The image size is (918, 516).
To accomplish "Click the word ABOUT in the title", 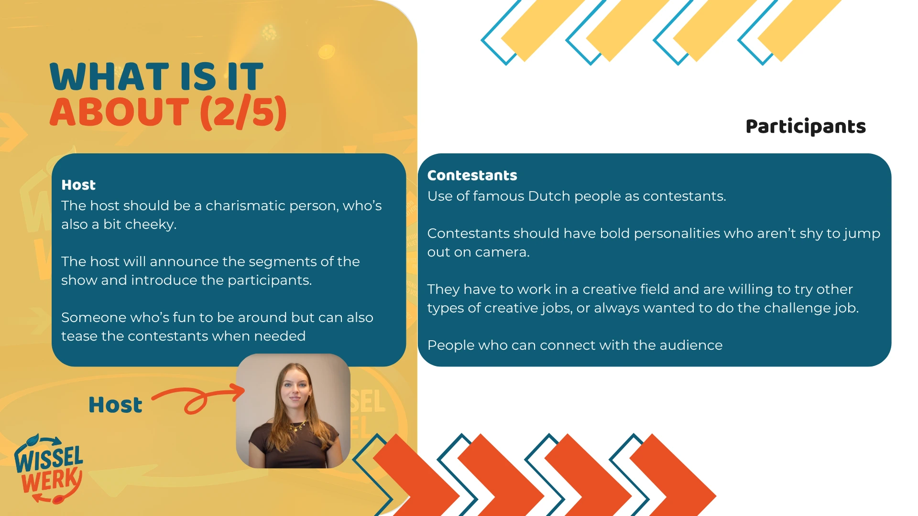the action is click(120, 112).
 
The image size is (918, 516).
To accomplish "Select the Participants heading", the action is click(806, 127).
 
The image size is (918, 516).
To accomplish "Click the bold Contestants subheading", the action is click(472, 175).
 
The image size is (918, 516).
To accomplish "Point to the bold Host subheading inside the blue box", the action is click(78, 185).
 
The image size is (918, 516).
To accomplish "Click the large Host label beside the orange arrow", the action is click(115, 405).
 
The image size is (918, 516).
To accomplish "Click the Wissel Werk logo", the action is click(49, 469).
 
